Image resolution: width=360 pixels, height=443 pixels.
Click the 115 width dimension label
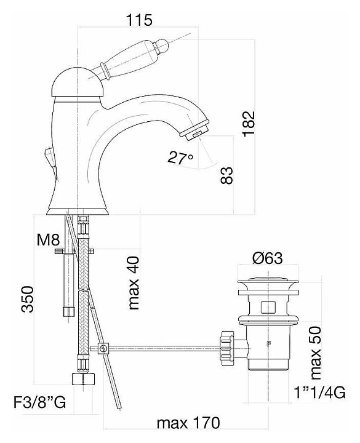(x=139, y=20)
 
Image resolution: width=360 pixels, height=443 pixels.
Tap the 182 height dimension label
(x=249, y=124)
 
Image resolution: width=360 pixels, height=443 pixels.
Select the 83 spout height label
(x=227, y=175)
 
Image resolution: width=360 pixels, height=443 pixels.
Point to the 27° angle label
(x=180, y=158)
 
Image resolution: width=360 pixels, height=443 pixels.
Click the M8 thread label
(x=48, y=240)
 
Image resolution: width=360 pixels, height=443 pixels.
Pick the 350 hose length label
(x=28, y=299)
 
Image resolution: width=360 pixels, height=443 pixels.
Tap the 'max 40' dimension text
(x=134, y=283)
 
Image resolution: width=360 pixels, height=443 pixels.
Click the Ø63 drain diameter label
(x=268, y=258)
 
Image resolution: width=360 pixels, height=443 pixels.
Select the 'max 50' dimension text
(x=316, y=353)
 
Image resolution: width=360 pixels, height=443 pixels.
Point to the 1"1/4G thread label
(x=320, y=393)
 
